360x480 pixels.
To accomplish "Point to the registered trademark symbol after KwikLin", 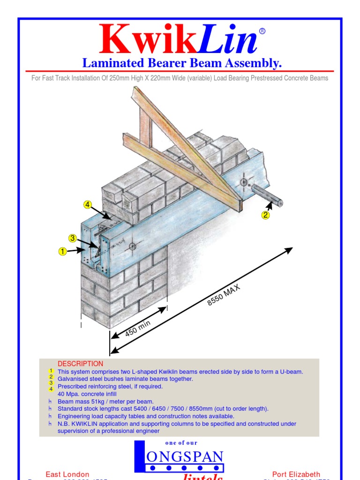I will (x=262, y=31).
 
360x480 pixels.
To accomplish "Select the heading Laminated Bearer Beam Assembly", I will (x=182, y=63).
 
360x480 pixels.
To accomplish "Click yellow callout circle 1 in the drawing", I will (x=62, y=252).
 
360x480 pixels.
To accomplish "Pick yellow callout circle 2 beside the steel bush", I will (x=266, y=215).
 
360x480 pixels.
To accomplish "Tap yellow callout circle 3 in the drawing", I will (x=73, y=238).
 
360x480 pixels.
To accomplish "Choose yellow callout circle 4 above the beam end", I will (x=88, y=204).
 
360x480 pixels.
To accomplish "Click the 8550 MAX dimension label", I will (x=224, y=295).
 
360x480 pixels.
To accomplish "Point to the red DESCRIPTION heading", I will (x=80, y=364).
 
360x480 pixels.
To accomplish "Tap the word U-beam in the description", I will (x=290, y=372).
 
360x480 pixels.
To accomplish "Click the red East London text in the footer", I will (x=67, y=474).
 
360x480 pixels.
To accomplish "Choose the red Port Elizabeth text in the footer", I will (x=296, y=474).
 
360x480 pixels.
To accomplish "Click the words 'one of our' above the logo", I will (x=181, y=443).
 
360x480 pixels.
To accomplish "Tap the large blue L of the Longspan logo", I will (x=140, y=457).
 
